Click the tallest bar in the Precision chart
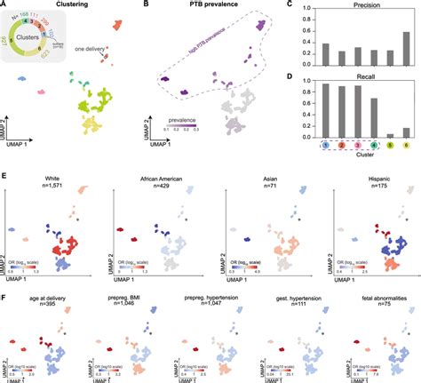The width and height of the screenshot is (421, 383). click(x=406, y=51)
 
